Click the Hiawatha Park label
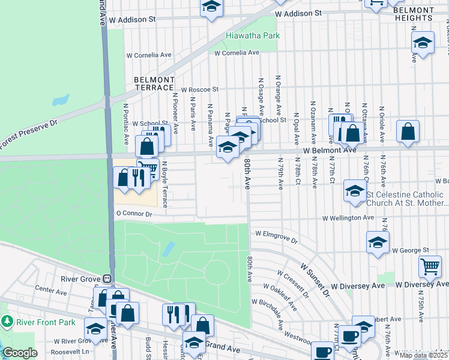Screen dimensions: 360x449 253,36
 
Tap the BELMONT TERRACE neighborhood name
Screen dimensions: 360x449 154,83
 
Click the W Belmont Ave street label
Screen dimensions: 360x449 330,150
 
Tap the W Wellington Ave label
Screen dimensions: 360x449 348,218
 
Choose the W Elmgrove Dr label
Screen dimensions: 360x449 276,236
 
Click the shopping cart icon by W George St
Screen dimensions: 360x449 429,266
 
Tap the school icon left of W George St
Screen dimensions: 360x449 378,242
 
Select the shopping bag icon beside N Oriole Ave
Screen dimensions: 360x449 408,132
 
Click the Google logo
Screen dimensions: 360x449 19,353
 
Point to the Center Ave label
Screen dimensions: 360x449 50,289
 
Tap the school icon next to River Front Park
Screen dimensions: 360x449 95,328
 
